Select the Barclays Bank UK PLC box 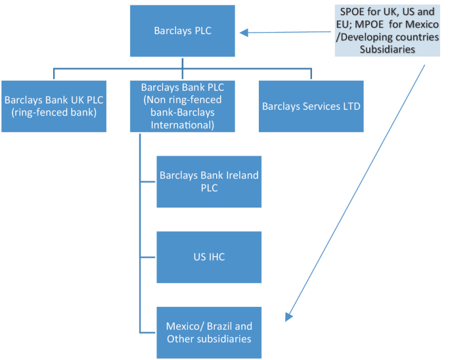pyautogui.click(x=53, y=106)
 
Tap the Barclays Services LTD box pyautogui.click(x=310, y=106)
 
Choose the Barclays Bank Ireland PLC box pyautogui.click(x=209, y=181)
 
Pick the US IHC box pyautogui.click(x=209, y=257)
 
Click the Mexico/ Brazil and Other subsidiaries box pyautogui.click(x=209, y=332)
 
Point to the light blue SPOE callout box pyautogui.click(x=388, y=31)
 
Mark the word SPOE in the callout pyautogui.click(x=353, y=12)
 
